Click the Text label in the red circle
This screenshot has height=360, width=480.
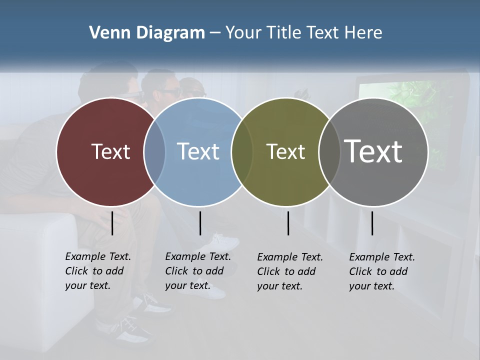pyautogui.click(x=110, y=151)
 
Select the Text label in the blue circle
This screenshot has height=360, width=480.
pyautogui.click(x=198, y=151)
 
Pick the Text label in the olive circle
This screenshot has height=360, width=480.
pyautogui.click(x=285, y=151)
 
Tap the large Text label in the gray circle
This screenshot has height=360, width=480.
pyautogui.click(x=373, y=151)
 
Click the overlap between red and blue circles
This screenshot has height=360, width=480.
pyautogui.click(x=154, y=152)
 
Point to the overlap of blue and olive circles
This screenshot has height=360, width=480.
pyautogui.click(x=242, y=152)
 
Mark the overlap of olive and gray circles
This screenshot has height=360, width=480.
pyautogui.click(x=329, y=152)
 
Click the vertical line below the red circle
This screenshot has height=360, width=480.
pyautogui.click(x=112, y=223)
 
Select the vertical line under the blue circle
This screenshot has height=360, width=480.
pyautogui.click(x=200, y=223)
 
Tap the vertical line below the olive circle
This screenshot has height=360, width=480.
pyautogui.click(x=288, y=223)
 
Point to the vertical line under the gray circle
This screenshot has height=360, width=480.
pyautogui.click(x=372, y=223)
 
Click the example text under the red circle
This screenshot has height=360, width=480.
pyautogui.click(x=97, y=271)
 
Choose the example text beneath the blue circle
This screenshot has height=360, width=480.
pyautogui.click(x=197, y=271)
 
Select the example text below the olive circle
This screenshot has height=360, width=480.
pyautogui.click(x=289, y=271)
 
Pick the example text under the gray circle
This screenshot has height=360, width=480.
pyautogui.click(x=381, y=271)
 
